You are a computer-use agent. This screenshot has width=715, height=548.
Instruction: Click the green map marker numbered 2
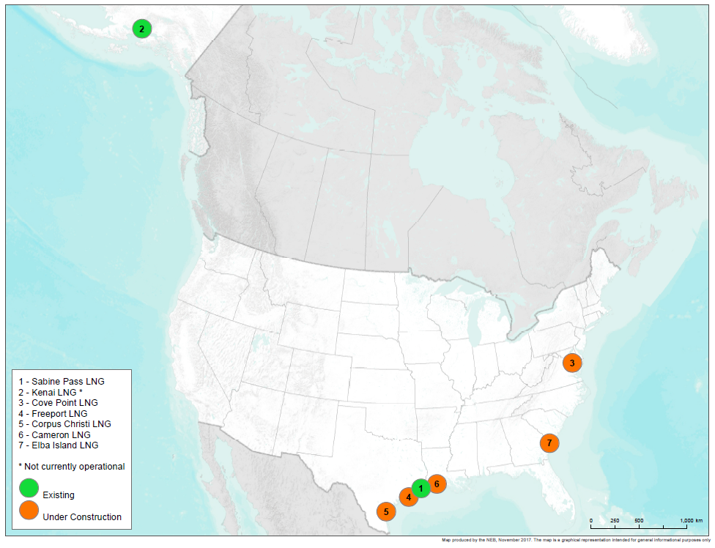[x=141, y=29]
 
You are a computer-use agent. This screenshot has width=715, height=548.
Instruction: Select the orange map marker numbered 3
[x=572, y=362]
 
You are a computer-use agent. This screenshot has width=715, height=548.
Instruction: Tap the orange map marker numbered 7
[x=549, y=443]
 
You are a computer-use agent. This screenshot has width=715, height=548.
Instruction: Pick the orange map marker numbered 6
[x=436, y=483]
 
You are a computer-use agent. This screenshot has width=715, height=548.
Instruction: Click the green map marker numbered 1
[x=420, y=488]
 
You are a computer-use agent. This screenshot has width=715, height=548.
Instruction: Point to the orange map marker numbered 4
[x=407, y=497]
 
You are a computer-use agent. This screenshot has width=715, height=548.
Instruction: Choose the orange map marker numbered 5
[x=386, y=511]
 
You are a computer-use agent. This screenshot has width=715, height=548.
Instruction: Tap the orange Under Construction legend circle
[x=29, y=510]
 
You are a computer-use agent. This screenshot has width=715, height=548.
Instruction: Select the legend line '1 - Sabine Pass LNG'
[x=62, y=382]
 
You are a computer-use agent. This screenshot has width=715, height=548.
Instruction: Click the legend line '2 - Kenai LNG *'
[x=55, y=392]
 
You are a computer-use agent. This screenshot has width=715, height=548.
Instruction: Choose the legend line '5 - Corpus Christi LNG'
[x=64, y=423]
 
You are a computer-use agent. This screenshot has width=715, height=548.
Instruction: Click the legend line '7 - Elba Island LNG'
[x=58, y=445]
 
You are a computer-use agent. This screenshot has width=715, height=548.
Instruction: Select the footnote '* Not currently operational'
[x=71, y=466]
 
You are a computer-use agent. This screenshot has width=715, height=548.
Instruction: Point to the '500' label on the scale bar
[x=639, y=520]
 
